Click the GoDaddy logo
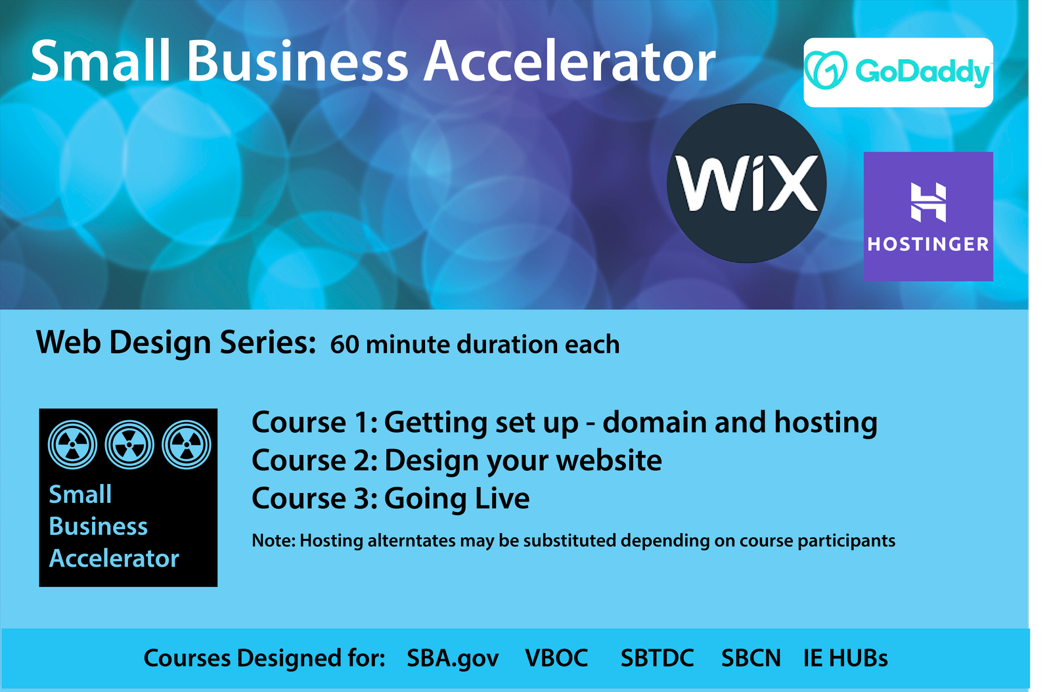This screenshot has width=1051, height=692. point(898,72)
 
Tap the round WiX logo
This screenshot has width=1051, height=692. point(746,183)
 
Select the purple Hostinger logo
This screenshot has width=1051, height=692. point(928,216)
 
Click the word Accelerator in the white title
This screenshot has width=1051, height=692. point(570,62)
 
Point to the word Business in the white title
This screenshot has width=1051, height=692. point(298,62)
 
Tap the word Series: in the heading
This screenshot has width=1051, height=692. point(268,342)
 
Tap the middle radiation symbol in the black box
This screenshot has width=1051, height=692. point(129,444)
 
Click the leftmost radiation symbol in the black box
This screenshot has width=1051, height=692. point(73,444)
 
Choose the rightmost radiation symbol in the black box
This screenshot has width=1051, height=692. point(187,444)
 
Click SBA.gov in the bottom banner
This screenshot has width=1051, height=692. point(453,659)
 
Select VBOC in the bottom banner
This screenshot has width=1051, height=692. point(556,658)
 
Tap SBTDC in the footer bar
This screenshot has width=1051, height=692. point(658,658)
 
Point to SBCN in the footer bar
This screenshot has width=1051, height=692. point(751,658)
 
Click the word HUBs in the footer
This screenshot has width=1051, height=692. point(858,658)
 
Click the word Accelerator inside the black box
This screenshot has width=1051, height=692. point(114,558)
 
